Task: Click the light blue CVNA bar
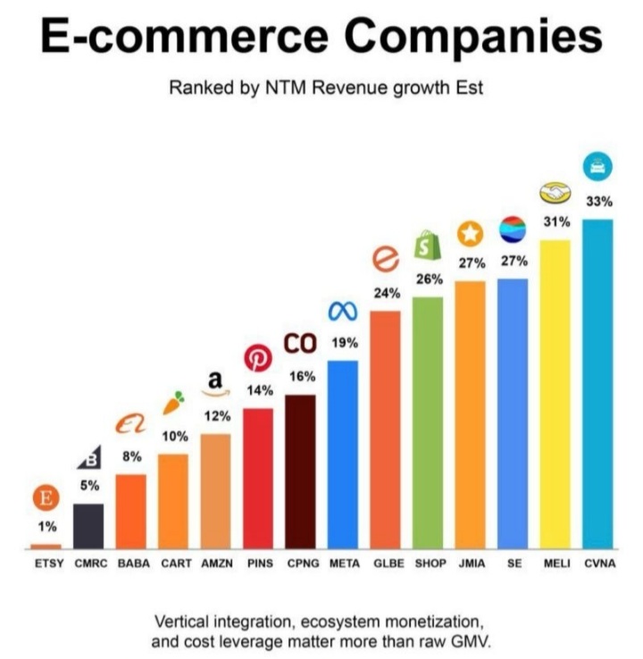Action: [x=597, y=384]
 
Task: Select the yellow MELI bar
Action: [x=555, y=393]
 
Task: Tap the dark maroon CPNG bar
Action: [x=300, y=471]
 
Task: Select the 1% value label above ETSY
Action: [x=46, y=527]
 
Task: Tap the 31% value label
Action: [x=556, y=221]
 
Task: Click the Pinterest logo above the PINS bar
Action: [x=258, y=359]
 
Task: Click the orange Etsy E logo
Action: [x=46, y=497]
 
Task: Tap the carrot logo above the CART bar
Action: [x=173, y=403]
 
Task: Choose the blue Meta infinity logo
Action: [x=342, y=311]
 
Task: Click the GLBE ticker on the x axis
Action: [x=386, y=564]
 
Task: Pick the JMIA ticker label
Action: [x=470, y=564]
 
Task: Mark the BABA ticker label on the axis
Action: [x=131, y=564]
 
